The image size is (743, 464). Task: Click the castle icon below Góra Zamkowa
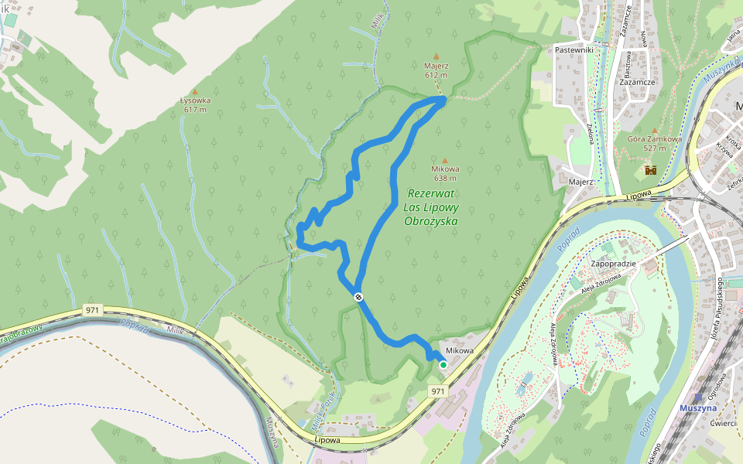(x=650, y=169)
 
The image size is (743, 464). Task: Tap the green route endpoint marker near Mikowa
(x=443, y=364)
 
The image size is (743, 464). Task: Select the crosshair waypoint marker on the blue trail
(x=358, y=297)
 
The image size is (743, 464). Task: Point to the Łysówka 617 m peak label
(x=194, y=104)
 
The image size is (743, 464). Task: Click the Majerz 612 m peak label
(x=437, y=70)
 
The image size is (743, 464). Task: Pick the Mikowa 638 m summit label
(x=447, y=172)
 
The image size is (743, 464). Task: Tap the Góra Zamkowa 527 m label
(x=654, y=143)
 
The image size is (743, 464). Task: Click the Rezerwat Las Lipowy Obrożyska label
(x=431, y=207)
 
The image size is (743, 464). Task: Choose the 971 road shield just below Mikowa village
(x=438, y=391)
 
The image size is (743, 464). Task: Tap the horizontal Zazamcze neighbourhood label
(x=638, y=81)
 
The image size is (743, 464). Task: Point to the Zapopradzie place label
(x=613, y=264)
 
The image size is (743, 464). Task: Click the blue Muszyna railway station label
(x=698, y=408)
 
